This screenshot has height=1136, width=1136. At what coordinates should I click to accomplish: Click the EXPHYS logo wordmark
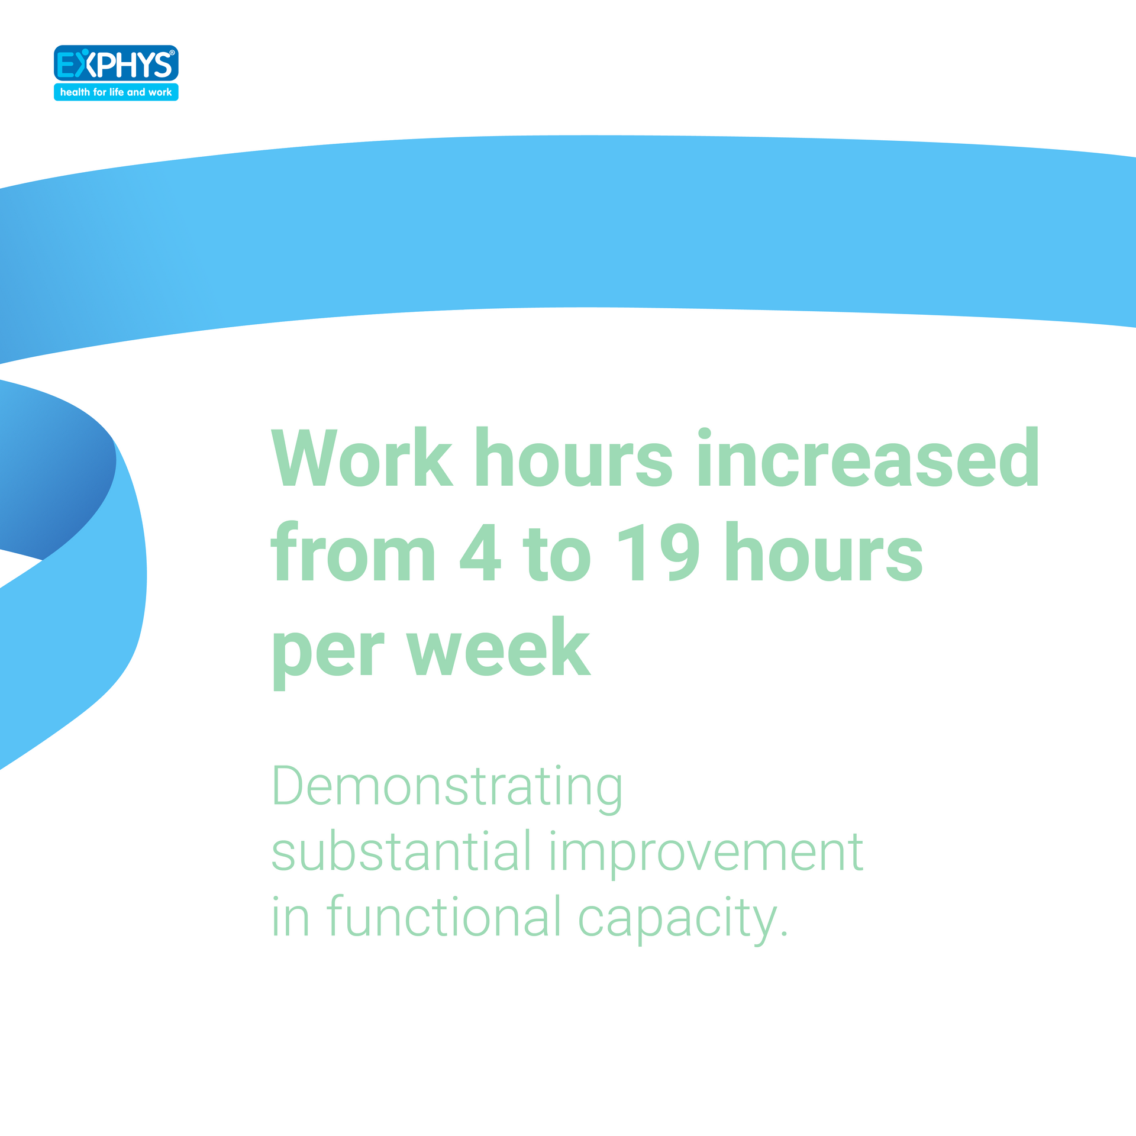tap(116, 64)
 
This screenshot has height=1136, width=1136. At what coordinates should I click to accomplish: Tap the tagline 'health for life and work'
tap(116, 92)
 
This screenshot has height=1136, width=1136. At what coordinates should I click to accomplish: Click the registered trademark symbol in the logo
tap(172, 53)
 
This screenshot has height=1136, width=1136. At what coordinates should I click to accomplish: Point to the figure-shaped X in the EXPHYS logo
tap(86, 63)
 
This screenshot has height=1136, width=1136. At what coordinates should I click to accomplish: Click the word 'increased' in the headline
tap(869, 456)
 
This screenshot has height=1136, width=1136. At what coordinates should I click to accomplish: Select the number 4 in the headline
tap(480, 552)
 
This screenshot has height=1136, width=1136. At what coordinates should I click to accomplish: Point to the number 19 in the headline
tap(658, 552)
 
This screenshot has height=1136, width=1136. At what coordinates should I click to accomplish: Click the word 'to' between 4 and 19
tap(556, 554)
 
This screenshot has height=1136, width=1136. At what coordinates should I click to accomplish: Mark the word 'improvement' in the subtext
tap(706, 856)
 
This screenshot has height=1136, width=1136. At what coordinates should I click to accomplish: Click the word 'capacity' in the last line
tap(678, 921)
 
